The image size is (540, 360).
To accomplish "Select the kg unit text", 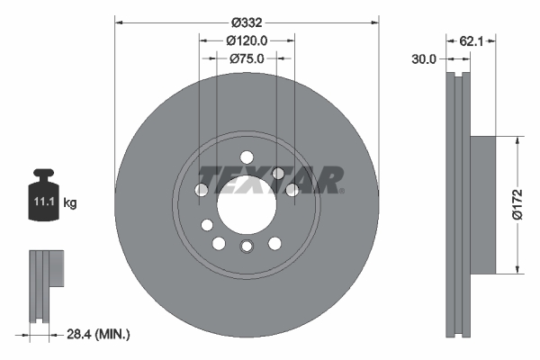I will click(70, 203).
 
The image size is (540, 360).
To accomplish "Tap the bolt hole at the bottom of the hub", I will click(247, 247).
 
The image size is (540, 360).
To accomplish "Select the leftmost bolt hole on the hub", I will click(202, 190).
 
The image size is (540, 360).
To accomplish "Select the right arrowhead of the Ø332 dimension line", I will click(373, 22).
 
